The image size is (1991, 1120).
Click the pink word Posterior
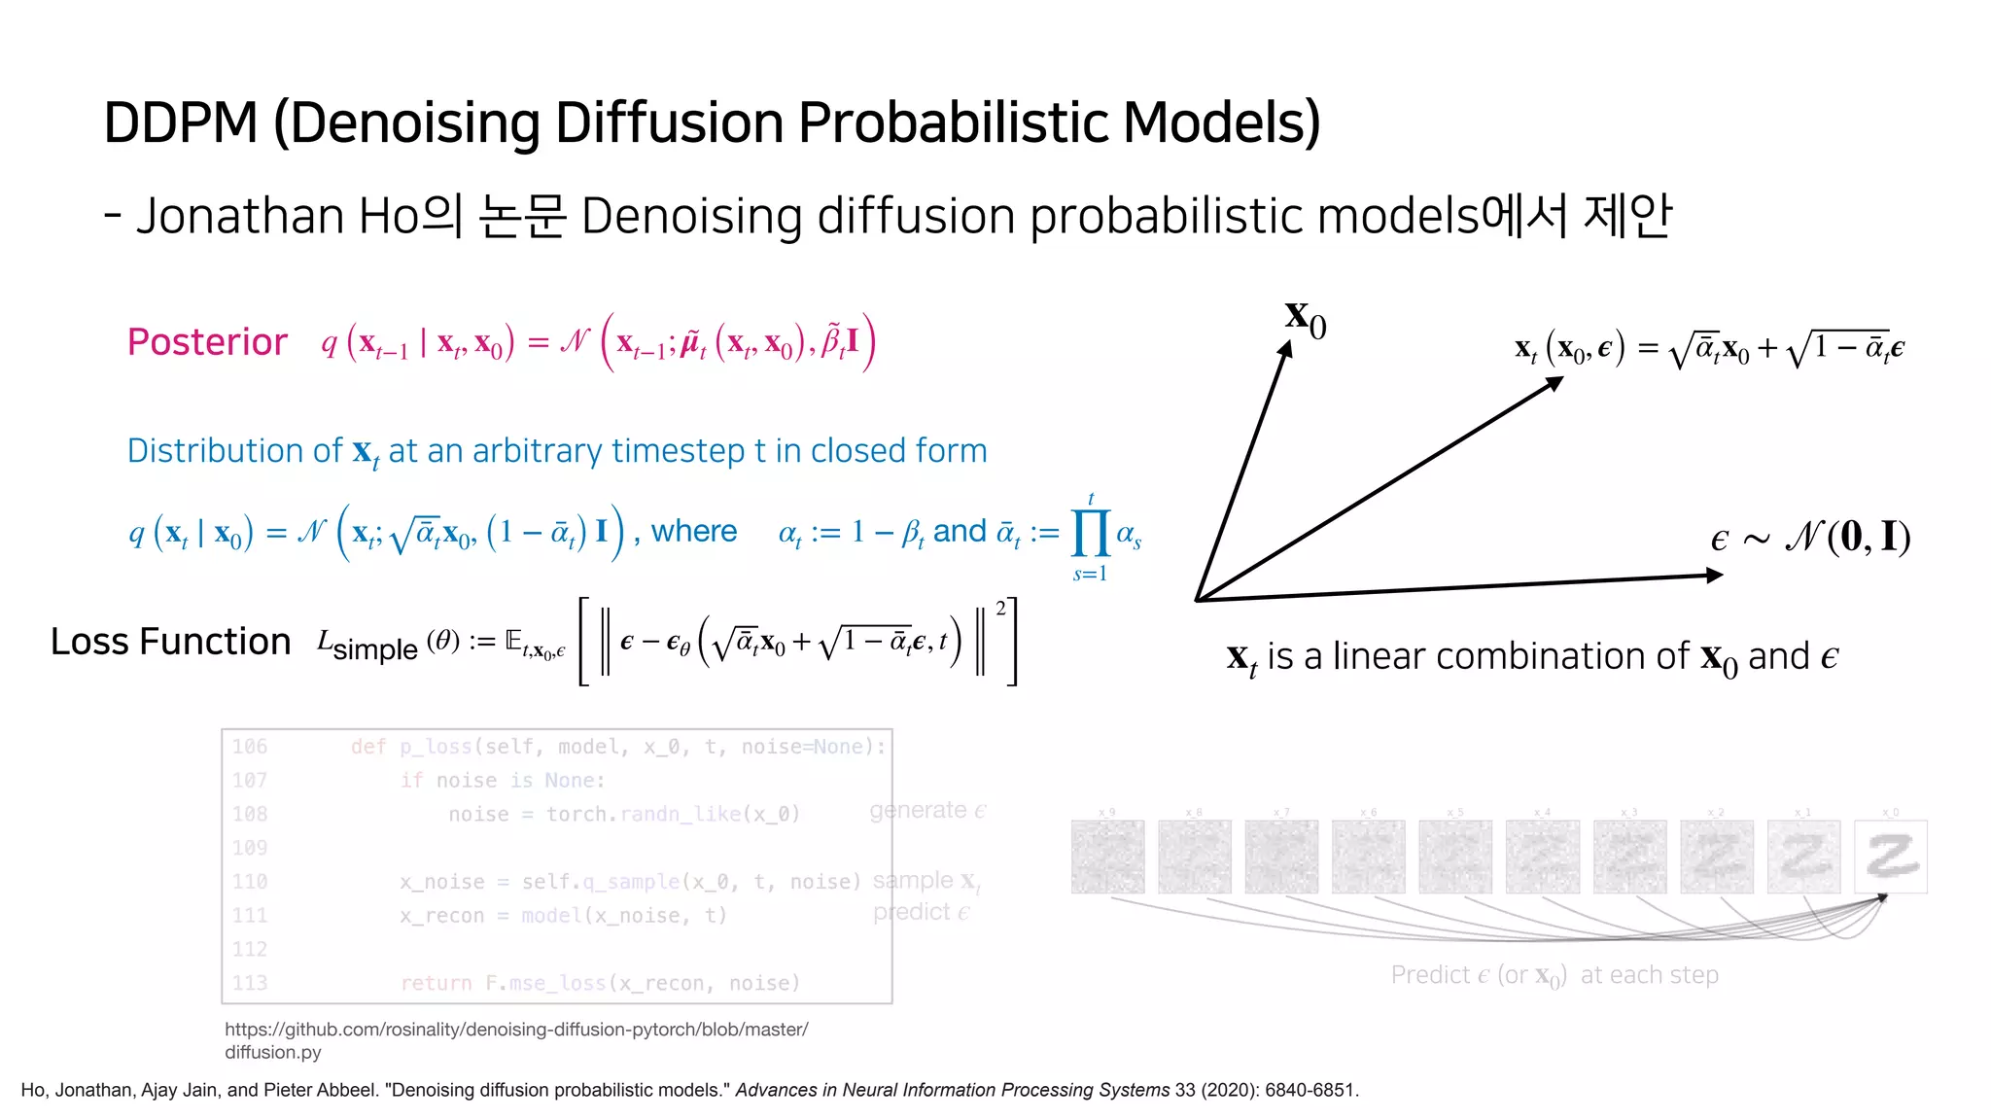pyautogui.click(x=207, y=342)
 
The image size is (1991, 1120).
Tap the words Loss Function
pyautogui.click(x=170, y=642)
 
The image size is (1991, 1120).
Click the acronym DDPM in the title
pyautogui.click(x=181, y=122)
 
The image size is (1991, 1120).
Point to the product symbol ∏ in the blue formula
pyautogui.click(x=1090, y=533)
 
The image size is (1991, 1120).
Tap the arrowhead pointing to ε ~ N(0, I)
pyautogui.click(x=1715, y=576)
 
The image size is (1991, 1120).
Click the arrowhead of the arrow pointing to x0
pyautogui.click(x=1285, y=350)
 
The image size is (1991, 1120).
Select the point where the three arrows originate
pyautogui.click(x=1198, y=600)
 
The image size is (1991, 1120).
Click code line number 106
pyautogui.click(x=250, y=747)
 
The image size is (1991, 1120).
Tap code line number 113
pyautogui.click(x=250, y=983)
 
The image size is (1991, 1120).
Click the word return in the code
pyautogui.click(x=436, y=983)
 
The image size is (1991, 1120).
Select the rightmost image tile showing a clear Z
pyautogui.click(x=1890, y=857)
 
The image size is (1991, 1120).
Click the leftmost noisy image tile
pyautogui.click(x=1107, y=857)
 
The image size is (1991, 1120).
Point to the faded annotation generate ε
pyautogui.click(x=927, y=810)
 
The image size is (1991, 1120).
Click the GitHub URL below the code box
pyautogui.click(x=516, y=1030)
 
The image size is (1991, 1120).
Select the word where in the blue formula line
pyautogui.click(x=693, y=531)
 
